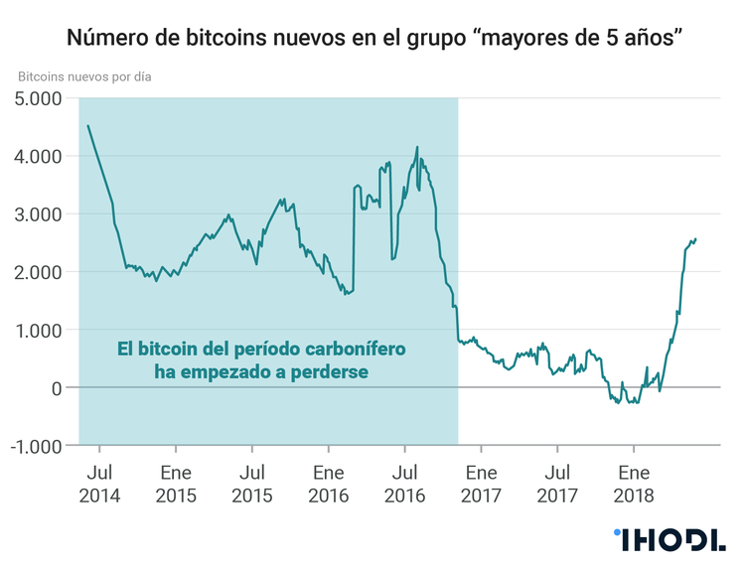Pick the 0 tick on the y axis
click(x=56, y=387)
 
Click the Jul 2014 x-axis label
click(x=100, y=484)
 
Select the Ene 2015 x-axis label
click(x=176, y=484)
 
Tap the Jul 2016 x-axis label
click(x=404, y=484)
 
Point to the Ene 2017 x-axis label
click(x=481, y=484)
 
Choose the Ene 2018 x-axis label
click(x=634, y=484)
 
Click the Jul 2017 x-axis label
click(x=557, y=484)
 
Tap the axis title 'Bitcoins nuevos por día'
click(x=85, y=75)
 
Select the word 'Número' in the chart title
click(x=102, y=39)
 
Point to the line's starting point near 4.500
click(x=88, y=126)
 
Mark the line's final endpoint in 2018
click(x=696, y=238)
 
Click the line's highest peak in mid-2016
click(x=416, y=147)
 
